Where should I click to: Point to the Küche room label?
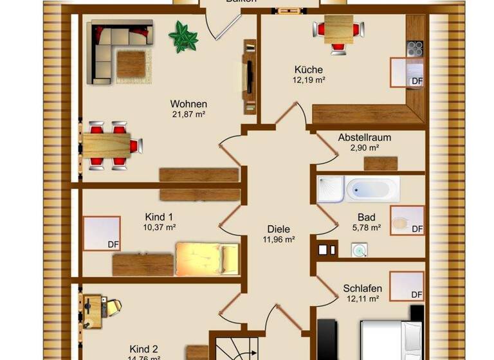[309, 69]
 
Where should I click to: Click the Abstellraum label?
[364, 138]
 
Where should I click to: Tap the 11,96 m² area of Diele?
[279, 240]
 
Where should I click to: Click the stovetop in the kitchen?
[416, 49]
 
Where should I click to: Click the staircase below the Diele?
[235, 348]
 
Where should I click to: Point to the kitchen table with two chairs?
[337, 29]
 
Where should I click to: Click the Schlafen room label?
[362, 289]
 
